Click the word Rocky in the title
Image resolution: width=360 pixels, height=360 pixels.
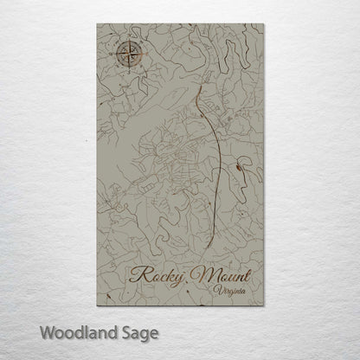pos(159,278)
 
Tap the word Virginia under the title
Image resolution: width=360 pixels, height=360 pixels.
pos(228,295)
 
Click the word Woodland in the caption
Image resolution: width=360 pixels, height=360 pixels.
pos(85,331)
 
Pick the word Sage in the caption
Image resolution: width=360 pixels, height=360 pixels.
pos(141,332)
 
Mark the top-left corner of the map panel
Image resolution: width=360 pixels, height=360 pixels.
pos(98,25)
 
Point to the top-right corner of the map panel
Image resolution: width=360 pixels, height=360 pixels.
pos(264,25)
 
